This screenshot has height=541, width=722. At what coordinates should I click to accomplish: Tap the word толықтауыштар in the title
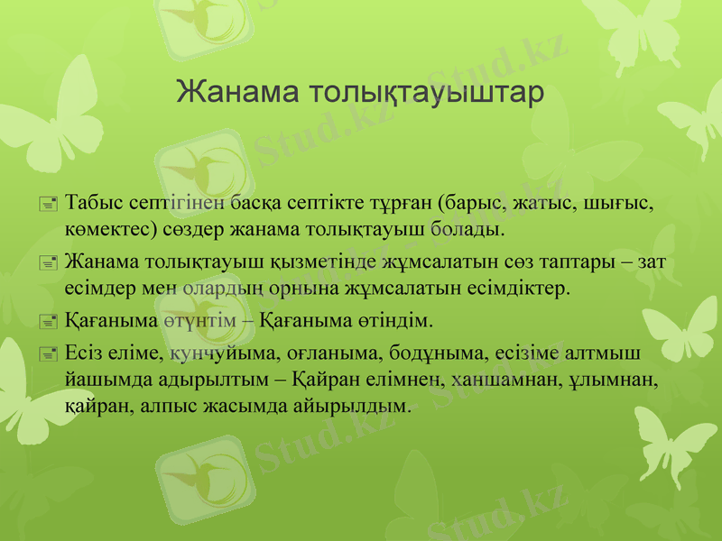click(426, 94)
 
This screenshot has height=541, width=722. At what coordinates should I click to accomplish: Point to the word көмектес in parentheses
click(106, 228)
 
